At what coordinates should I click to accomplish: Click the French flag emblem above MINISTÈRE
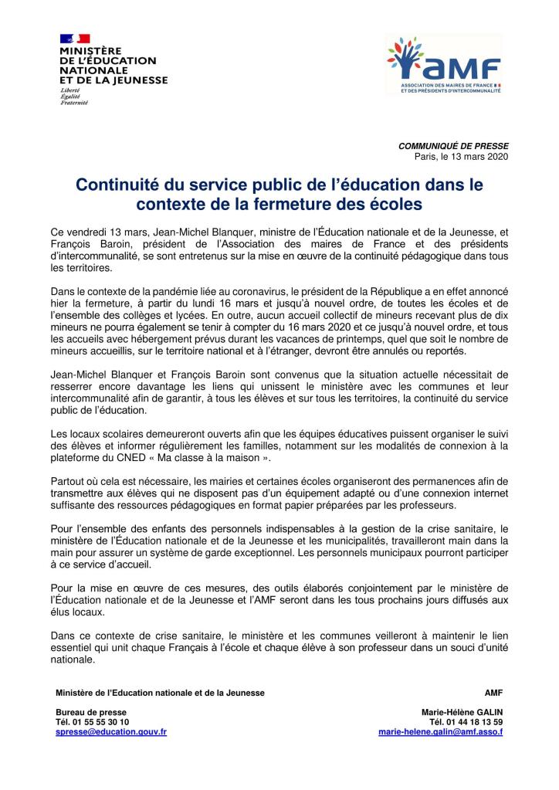pos(74,38)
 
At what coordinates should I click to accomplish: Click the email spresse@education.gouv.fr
pos(111,731)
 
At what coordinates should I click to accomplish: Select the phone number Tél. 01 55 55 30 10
pos(93,721)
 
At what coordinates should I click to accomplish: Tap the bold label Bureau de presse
pos(91,711)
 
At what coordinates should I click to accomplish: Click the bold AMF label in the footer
pos(493,692)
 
